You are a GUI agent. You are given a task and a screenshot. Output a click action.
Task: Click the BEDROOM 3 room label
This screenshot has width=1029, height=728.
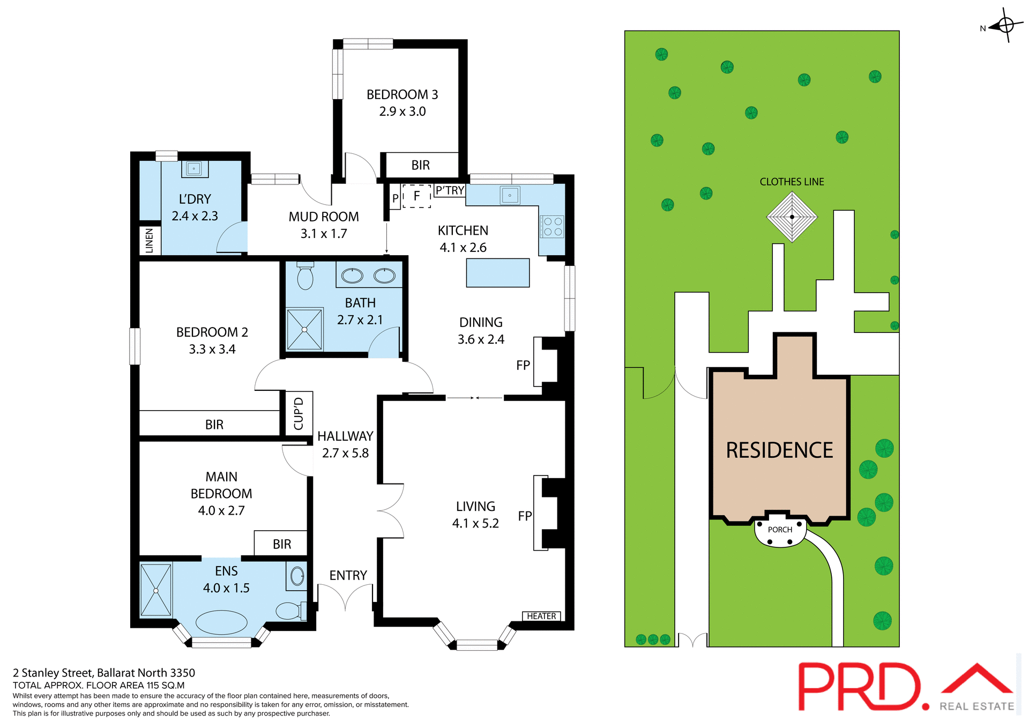click(402, 95)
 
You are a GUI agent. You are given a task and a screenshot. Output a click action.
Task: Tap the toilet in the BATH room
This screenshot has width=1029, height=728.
click(305, 276)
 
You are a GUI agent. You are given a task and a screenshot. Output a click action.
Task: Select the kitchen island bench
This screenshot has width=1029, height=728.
click(497, 273)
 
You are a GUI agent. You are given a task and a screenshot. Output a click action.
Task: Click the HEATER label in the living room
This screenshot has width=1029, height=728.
click(541, 616)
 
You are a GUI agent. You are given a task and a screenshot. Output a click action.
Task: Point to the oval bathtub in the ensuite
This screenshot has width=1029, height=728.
click(221, 622)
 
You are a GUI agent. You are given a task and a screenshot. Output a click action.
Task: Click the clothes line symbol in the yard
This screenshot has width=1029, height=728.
click(792, 217)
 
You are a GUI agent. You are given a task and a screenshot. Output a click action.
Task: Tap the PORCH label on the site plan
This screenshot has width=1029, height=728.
click(780, 530)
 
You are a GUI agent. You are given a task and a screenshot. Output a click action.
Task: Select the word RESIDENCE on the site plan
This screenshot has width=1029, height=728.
click(779, 450)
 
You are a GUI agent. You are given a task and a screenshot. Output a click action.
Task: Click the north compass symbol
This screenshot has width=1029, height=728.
click(1005, 25)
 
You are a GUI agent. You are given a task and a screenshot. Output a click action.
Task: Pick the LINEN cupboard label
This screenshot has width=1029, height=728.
click(150, 241)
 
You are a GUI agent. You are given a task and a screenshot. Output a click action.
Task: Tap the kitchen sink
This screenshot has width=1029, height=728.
click(510, 195)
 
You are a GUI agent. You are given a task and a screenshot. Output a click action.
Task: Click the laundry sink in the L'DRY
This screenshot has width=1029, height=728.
click(194, 169)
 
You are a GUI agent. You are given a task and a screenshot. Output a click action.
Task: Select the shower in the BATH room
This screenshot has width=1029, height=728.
click(304, 329)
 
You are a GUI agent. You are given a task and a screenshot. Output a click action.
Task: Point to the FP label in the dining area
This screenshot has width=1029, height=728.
click(523, 365)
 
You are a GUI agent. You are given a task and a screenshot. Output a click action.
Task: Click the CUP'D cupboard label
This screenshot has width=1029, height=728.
click(299, 413)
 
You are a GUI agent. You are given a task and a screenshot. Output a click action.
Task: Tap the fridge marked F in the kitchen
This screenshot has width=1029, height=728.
click(416, 196)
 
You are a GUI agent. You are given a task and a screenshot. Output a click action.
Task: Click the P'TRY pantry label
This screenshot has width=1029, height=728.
click(450, 190)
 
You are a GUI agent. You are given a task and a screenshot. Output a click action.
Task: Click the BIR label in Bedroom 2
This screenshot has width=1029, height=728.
click(214, 425)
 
